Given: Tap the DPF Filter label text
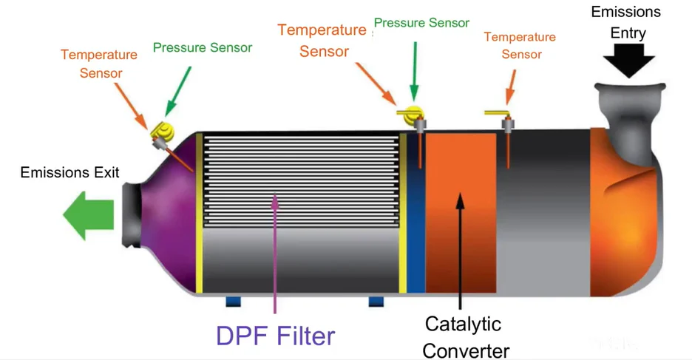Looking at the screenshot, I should coord(275,336).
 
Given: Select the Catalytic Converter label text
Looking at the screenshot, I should coord(463,336).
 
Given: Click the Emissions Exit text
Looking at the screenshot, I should coord(69,173).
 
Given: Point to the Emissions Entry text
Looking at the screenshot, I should coord(625,22).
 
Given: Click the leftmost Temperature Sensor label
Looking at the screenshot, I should coord(99,64).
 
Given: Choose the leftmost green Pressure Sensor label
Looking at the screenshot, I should coord(202,48).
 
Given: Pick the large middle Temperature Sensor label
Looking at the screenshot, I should coord(322,41).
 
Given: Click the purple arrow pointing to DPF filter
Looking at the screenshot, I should coord(274,251).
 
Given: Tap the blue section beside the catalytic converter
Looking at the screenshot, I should coord(415,214).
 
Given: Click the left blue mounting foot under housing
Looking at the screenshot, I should coord(234,302).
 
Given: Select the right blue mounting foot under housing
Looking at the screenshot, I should coord(376,302).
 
